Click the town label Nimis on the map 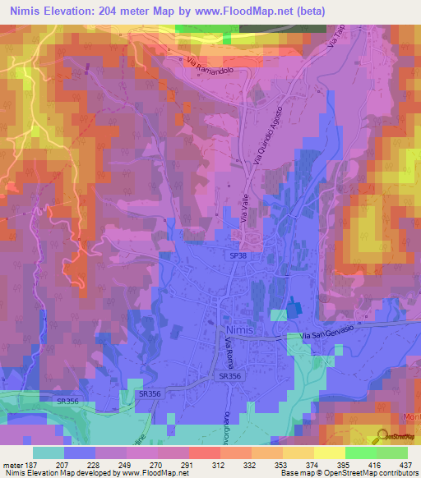click(238, 329)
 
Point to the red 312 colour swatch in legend click(203, 452)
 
